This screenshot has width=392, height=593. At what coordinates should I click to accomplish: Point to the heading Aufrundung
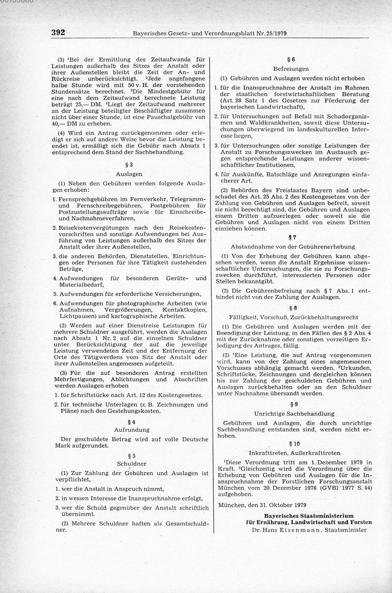(131, 430)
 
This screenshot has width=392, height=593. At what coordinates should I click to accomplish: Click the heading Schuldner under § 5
(131, 464)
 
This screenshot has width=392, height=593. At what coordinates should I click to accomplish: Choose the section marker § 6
(291, 60)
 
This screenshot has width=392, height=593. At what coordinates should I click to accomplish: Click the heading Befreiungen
(291, 69)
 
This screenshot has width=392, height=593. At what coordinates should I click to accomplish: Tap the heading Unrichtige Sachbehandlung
(294, 413)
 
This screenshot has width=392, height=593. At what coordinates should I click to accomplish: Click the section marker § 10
(294, 444)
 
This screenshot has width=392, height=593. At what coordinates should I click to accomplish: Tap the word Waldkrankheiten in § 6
(259, 123)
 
